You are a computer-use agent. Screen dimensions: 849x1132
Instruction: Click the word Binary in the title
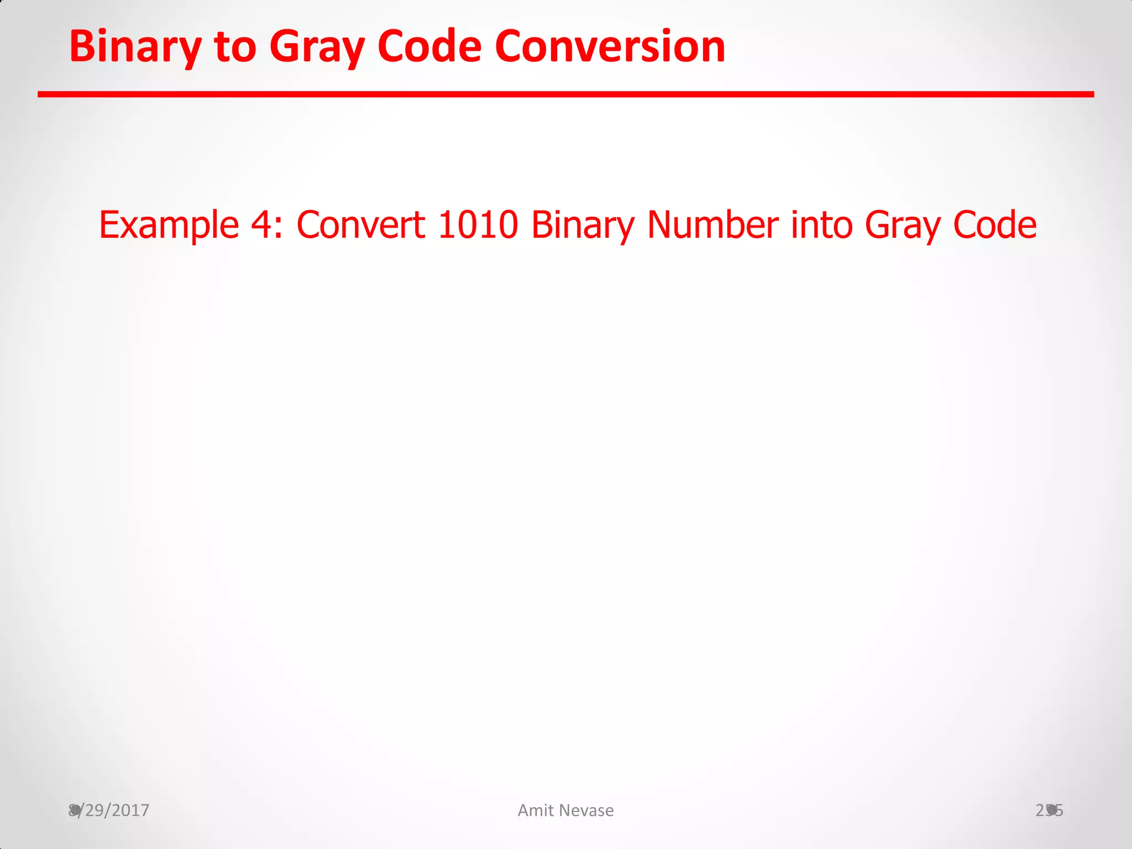coord(134,47)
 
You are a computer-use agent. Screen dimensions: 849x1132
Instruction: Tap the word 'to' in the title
coord(235,47)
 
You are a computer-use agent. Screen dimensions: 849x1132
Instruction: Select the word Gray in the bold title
coord(317,47)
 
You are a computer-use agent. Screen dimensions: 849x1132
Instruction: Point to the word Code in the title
coord(429,47)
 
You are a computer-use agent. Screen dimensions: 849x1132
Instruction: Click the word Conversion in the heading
coord(610,47)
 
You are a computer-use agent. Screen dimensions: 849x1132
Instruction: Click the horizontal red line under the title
coord(565,95)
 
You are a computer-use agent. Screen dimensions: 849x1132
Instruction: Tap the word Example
coord(169,226)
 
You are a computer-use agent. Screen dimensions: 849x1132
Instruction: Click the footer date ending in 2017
coord(109,810)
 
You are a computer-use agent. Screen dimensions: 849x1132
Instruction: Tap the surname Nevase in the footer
coord(586,810)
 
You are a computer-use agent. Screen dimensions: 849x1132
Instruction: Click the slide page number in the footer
coord(1049,810)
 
